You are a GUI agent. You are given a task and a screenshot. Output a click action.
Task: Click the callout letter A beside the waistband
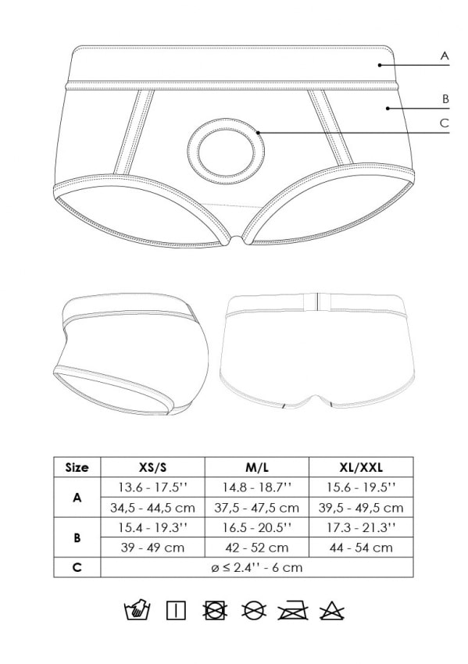[445, 55]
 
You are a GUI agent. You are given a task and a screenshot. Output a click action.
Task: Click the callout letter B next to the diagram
[445, 98]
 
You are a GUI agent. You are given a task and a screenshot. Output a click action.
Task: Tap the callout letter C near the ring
[445, 123]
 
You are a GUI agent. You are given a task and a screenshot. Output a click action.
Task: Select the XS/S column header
[152, 467]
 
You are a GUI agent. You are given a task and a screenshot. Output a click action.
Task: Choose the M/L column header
[257, 467]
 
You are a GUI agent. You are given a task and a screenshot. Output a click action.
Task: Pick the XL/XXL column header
[361, 467]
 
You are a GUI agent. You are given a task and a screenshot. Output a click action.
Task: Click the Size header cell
[77, 467]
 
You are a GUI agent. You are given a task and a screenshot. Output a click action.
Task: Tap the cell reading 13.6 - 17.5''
[152, 487]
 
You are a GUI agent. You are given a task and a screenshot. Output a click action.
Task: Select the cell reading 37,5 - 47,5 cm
[257, 507]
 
